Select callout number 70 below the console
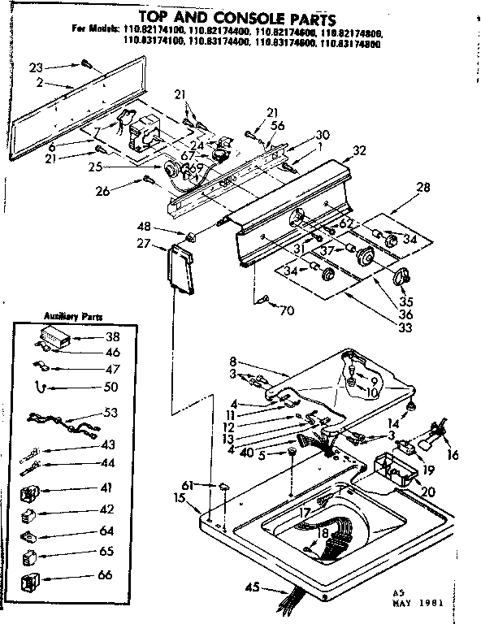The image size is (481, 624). coord(286,310)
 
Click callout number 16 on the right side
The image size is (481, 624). coord(453,456)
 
